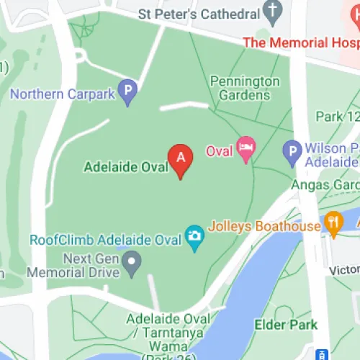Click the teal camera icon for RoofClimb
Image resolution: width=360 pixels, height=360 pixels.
click(x=194, y=238)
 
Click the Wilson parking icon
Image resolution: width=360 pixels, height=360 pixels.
click(x=292, y=151)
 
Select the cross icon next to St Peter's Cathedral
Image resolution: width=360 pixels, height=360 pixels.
click(x=271, y=11)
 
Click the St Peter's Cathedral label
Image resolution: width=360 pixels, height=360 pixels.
click(x=209, y=13)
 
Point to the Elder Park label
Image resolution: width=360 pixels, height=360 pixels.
click(x=286, y=325)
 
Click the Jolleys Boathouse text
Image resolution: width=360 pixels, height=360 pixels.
click(x=264, y=226)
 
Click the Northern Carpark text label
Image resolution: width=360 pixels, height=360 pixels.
click(x=63, y=93)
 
